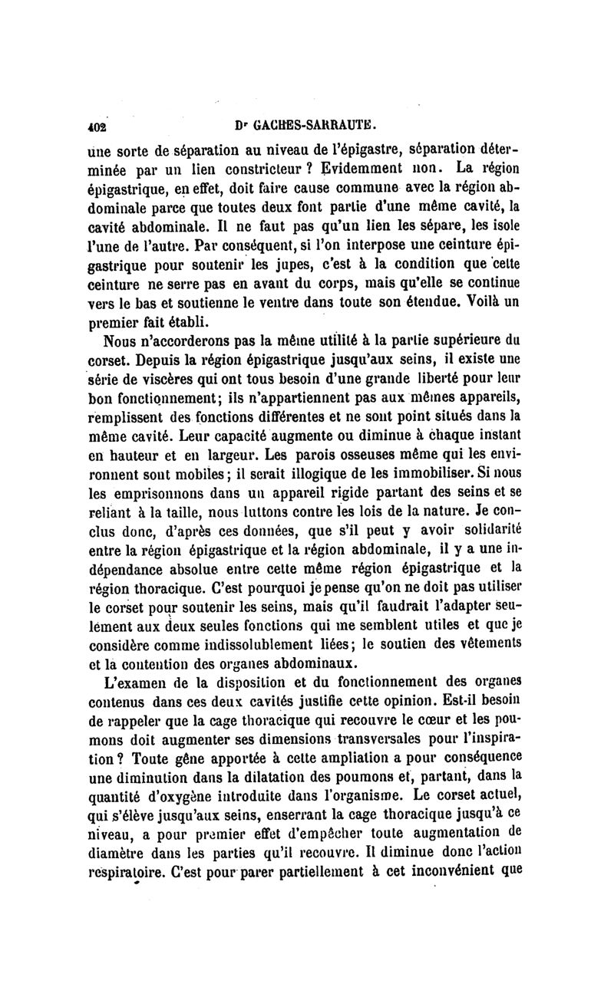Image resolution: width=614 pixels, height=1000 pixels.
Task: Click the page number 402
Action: pos(97,123)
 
